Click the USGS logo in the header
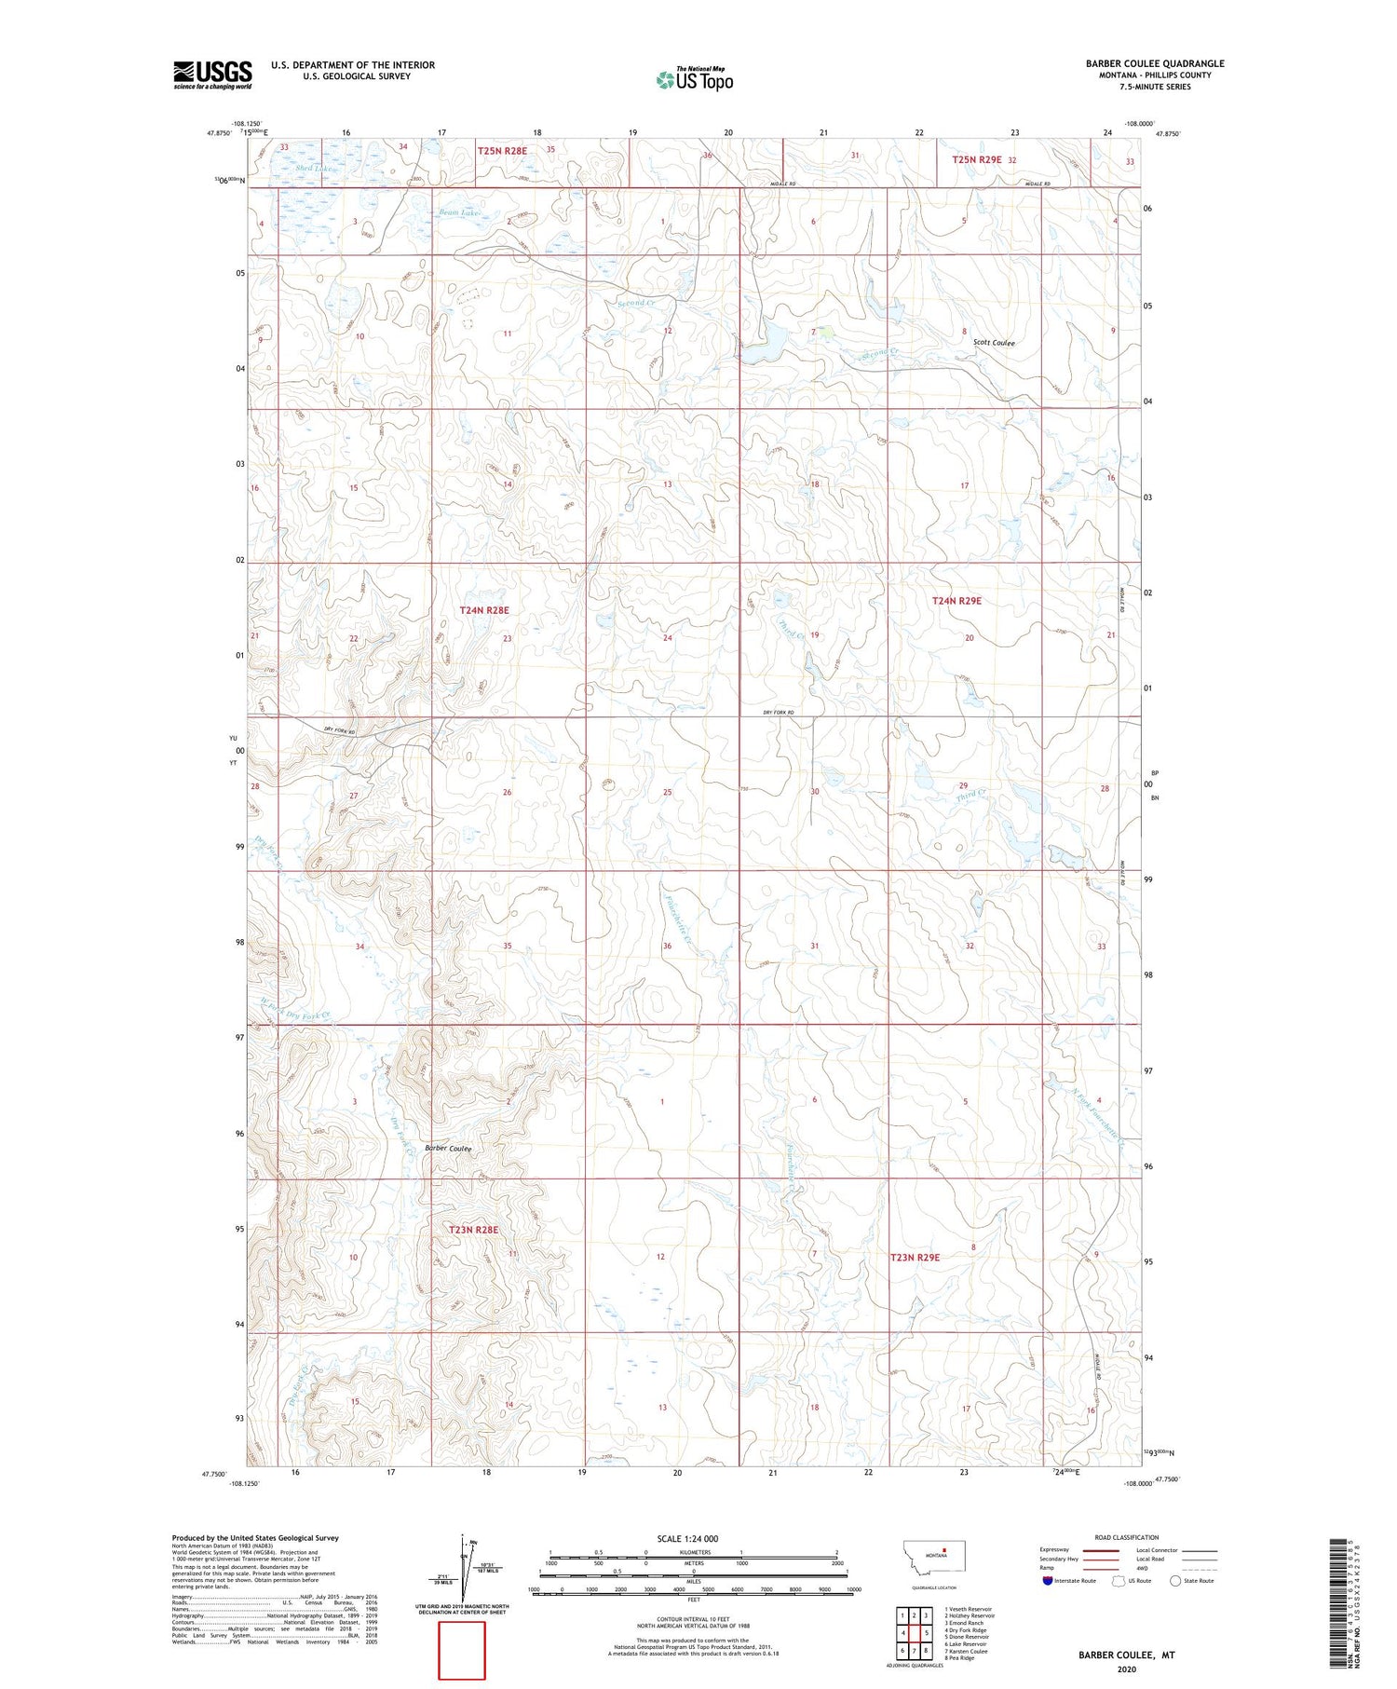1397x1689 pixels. pyautogui.click(x=212, y=75)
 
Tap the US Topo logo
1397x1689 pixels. pyautogui.click(x=694, y=79)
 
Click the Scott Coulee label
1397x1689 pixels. pyautogui.click(x=994, y=343)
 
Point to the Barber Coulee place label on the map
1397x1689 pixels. pyautogui.click(x=448, y=1149)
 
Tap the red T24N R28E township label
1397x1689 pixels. pyautogui.click(x=484, y=610)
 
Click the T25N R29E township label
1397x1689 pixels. pyautogui.click(x=976, y=160)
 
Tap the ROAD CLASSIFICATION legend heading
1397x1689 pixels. pyautogui.click(x=1127, y=1537)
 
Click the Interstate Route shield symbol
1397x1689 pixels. pyautogui.click(x=1047, y=1581)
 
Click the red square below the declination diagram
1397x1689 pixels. pyautogui.click(x=462, y=1650)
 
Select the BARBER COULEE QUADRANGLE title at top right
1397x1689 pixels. pyautogui.click(x=1154, y=63)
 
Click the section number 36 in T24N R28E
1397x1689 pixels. pyautogui.click(x=667, y=947)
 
